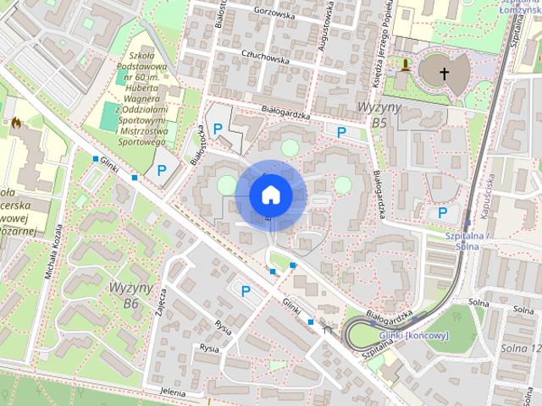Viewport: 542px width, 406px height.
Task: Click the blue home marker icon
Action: click(270, 195)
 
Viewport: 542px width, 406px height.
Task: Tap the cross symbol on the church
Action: click(443, 74)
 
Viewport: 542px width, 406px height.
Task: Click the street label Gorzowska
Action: click(270, 14)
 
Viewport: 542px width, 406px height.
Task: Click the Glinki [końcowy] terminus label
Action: click(414, 335)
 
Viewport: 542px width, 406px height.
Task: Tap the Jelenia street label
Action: click(171, 392)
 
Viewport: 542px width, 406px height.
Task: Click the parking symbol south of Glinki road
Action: click(246, 291)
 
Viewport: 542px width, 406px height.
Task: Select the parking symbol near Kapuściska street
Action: click(442, 212)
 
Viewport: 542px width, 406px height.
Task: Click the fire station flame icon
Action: click(15, 123)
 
